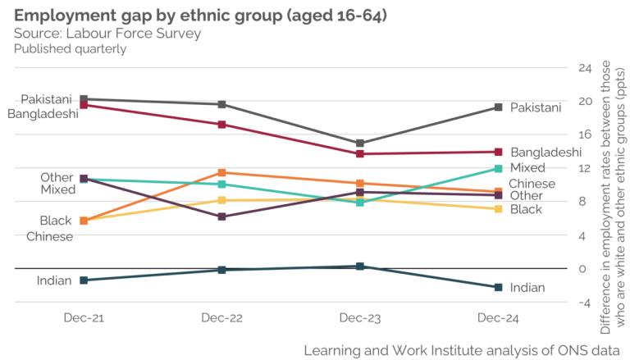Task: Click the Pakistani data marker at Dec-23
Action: pos(359,144)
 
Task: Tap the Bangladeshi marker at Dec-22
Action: pos(221,125)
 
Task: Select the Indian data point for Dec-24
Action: pos(497,287)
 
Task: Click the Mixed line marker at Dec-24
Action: pos(497,169)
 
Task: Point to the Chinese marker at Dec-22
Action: pos(221,172)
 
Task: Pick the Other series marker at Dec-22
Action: pos(221,216)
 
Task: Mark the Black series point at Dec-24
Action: pos(497,209)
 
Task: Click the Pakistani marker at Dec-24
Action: pos(497,107)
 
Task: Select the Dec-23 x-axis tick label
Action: pos(359,317)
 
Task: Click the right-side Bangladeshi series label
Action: pos(546,153)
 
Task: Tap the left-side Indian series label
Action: pos(54,281)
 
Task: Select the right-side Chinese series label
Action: pos(532,185)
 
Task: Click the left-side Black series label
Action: pos(56,221)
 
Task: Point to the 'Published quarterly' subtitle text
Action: pos(70,48)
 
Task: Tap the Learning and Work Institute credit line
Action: pos(462,349)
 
